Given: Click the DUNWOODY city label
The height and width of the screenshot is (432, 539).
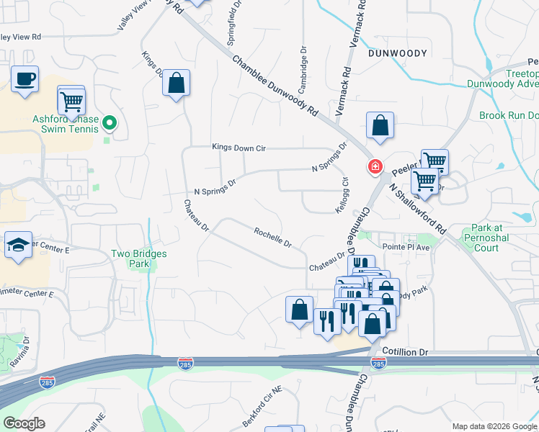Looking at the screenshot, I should coord(398,53).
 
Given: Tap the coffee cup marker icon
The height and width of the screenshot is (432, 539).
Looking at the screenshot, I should coord(25,78).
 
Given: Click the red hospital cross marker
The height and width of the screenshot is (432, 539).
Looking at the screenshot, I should coord(375,167).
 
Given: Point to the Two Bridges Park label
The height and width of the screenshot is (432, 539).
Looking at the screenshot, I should coord(139,258).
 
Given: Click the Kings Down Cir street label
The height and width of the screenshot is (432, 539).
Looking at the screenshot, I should coord(239,148).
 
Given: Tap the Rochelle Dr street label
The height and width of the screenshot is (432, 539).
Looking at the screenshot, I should coord(272,238).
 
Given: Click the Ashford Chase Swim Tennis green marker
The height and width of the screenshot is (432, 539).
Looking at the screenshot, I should coord(110,124).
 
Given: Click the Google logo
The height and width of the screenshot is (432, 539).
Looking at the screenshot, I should coord(24,423).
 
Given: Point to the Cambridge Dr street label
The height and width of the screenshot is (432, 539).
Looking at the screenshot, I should coord(303,64).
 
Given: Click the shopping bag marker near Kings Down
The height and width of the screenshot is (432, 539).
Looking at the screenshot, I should coord(176,84).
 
